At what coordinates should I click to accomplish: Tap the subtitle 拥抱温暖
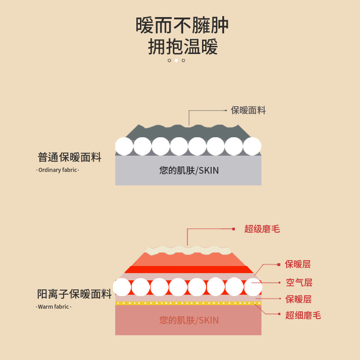182,47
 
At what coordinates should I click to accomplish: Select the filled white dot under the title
176,60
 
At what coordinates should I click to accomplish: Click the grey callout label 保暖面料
248,110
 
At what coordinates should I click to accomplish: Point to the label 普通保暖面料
70,157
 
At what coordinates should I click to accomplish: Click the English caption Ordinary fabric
58,170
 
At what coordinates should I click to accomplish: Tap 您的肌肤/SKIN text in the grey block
189,171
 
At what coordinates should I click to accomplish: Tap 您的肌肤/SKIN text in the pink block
189,320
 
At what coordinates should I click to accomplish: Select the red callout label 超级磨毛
262,229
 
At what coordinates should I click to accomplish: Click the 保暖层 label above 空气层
297,264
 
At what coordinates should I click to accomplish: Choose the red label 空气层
299,283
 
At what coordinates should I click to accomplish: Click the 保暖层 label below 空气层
298,299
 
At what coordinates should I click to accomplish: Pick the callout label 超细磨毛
303,315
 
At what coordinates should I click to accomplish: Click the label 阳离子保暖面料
74,294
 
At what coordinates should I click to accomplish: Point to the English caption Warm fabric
54,307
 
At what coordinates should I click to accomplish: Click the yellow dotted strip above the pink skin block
188,303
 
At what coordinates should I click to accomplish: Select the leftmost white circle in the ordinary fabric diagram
124,146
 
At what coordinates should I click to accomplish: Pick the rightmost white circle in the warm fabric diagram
253,287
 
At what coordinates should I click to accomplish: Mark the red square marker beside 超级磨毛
234,229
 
